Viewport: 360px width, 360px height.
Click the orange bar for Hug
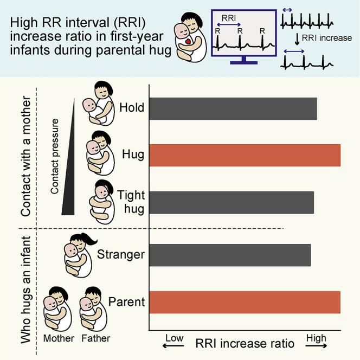point(245,155)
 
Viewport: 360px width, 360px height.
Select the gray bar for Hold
point(233,108)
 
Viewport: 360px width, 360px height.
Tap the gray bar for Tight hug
point(232,202)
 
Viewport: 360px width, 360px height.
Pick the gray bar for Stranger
point(230,255)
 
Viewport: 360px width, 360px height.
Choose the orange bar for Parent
point(245,302)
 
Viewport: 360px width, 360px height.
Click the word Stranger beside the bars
point(121,254)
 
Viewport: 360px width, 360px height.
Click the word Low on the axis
point(175,338)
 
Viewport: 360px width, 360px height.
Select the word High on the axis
point(316,338)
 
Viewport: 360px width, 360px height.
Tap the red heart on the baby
point(188,41)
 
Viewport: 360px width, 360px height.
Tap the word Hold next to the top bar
point(132,107)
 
